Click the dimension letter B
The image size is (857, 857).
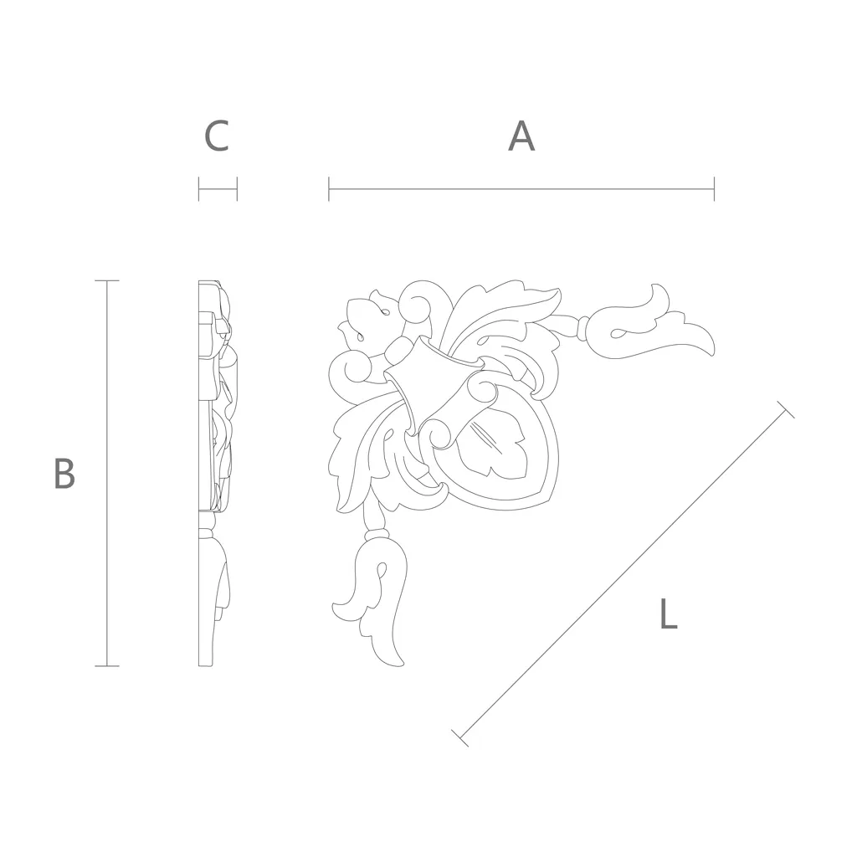[64, 474]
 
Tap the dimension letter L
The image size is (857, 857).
[669, 613]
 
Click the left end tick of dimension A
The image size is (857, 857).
[328, 189]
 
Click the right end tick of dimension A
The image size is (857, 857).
[714, 189]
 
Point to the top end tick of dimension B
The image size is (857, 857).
[106, 281]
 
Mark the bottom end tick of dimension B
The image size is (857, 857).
[106, 665]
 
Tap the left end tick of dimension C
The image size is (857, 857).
[199, 189]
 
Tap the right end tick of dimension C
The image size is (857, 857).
[237, 189]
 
